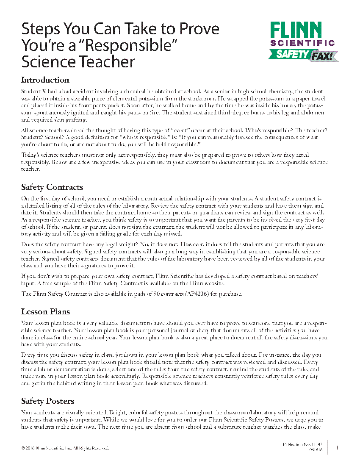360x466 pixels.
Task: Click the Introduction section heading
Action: tap(45, 80)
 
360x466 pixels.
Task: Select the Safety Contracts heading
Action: tap(52, 187)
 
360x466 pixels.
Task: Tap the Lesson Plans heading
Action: tap(45, 312)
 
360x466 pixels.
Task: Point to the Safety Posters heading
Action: tap(47, 401)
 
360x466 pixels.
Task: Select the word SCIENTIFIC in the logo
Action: tap(302, 43)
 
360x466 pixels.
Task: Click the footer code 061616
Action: tap(316, 449)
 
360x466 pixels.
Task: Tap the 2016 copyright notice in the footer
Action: tap(65, 448)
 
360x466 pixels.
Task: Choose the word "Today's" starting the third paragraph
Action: tap(31, 155)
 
